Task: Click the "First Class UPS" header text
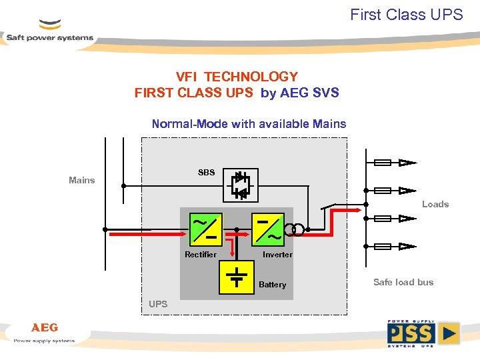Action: point(406,15)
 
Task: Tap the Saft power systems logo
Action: point(50,33)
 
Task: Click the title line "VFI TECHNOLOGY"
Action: point(237,77)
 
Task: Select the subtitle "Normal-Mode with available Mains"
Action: point(249,123)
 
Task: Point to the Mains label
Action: point(82,180)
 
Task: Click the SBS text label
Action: point(206,173)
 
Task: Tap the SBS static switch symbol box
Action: point(241,185)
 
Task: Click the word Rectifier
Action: point(201,255)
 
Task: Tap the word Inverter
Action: point(277,255)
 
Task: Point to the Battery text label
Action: point(272,285)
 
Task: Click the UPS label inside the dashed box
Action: point(158,304)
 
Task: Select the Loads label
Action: point(435,204)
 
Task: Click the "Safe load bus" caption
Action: point(403,282)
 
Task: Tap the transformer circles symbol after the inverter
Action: point(294,230)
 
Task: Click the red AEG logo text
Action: point(45,327)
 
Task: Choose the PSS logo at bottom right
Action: point(423,333)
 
